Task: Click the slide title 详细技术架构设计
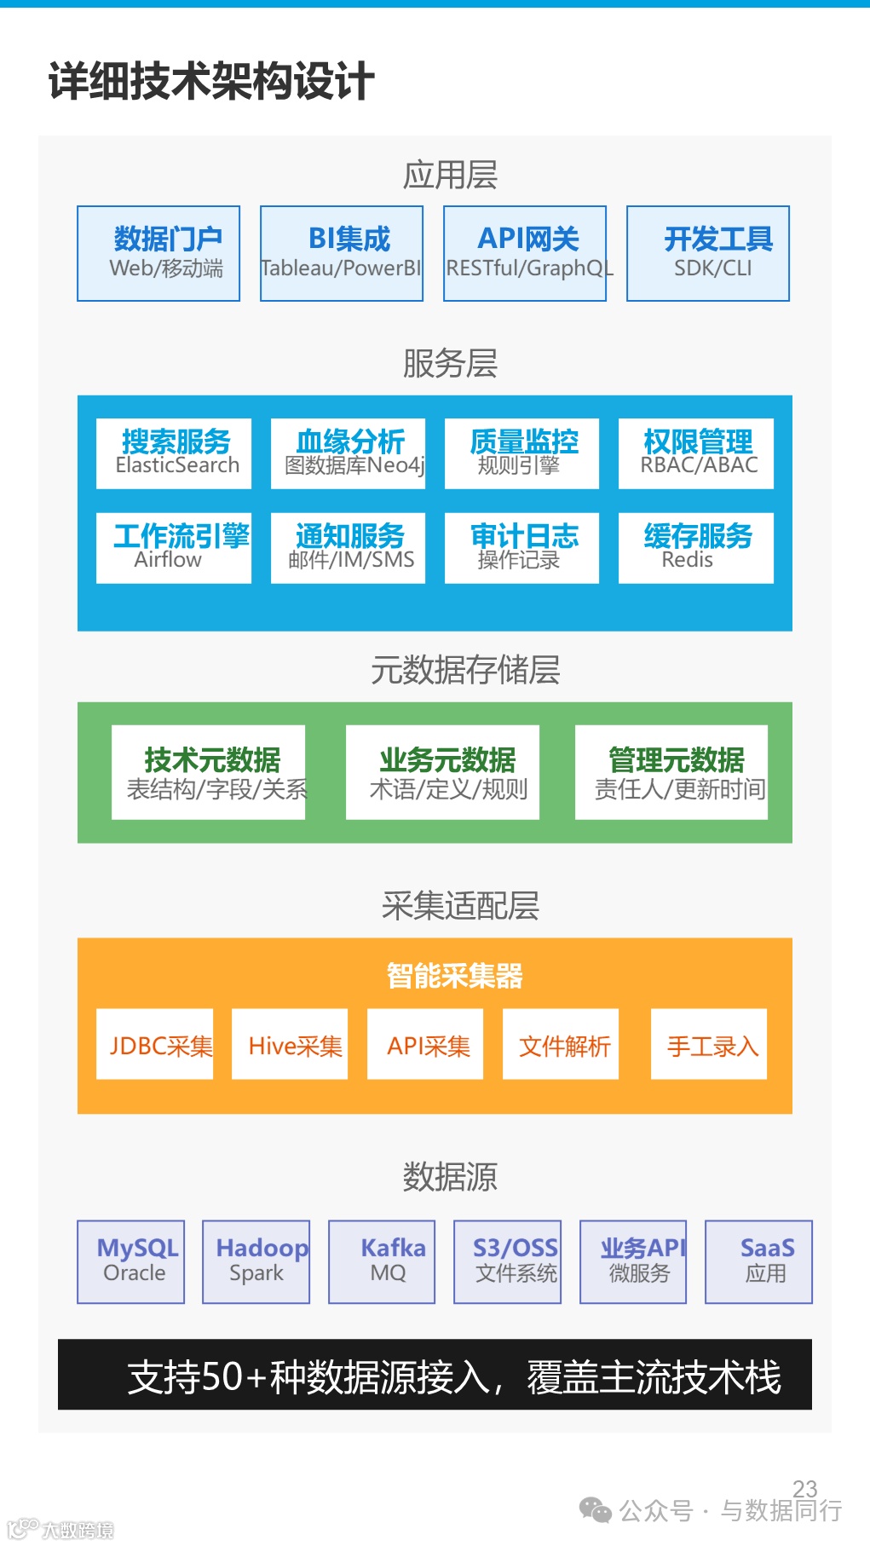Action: pyautogui.click(x=210, y=82)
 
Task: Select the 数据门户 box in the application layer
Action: pyautogui.click(x=158, y=253)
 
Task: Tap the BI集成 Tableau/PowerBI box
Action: pyautogui.click(x=342, y=253)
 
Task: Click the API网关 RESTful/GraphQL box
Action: pyautogui.click(x=525, y=253)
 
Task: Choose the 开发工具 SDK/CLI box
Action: pyautogui.click(x=708, y=253)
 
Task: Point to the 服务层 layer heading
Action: pyautogui.click(x=450, y=364)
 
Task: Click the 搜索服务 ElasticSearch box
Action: pyautogui.click(x=174, y=453)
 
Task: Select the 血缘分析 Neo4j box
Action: pyautogui.click(x=348, y=453)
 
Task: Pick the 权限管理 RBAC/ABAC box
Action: pyautogui.click(x=696, y=453)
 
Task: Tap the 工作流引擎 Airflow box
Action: pyautogui.click(x=174, y=548)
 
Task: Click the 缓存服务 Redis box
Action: pyautogui.click(x=696, y=548)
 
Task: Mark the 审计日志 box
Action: pyautogui.click(x=521, y=548)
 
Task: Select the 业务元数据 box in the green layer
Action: pyautogui.click(x=443, y=772)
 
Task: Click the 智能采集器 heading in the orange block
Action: pyautogui.click(x=454, y=976)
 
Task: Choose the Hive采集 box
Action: pyautogui.click(x=290, y=1045)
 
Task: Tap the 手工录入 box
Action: pyautogui.click(x=709, y=1045)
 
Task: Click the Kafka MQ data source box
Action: pyautogui.click(x=382, y=1261)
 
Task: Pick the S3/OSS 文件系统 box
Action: pyautogui.click(x=508, y=1261)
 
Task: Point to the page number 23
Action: pyautogui.click(x=804, y=1488)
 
